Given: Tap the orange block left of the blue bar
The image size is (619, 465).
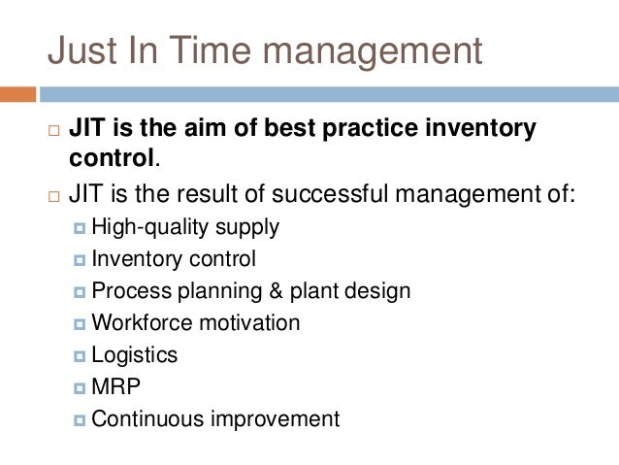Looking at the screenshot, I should pyautogui.click(x=17, y=95).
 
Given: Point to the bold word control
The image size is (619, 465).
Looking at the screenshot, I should pyautogui.click(x=111, y=157).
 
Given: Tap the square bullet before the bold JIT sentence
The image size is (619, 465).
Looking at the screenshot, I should pyautogui.click(x=52, y=130).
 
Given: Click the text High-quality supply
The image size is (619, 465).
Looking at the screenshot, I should pyautogui.click(x=185, y=227).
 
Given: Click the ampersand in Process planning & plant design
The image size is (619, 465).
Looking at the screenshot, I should pyautogui.click(x=295, y=291).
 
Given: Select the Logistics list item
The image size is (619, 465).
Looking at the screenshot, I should pyautogui.click(x=135, y=355).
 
